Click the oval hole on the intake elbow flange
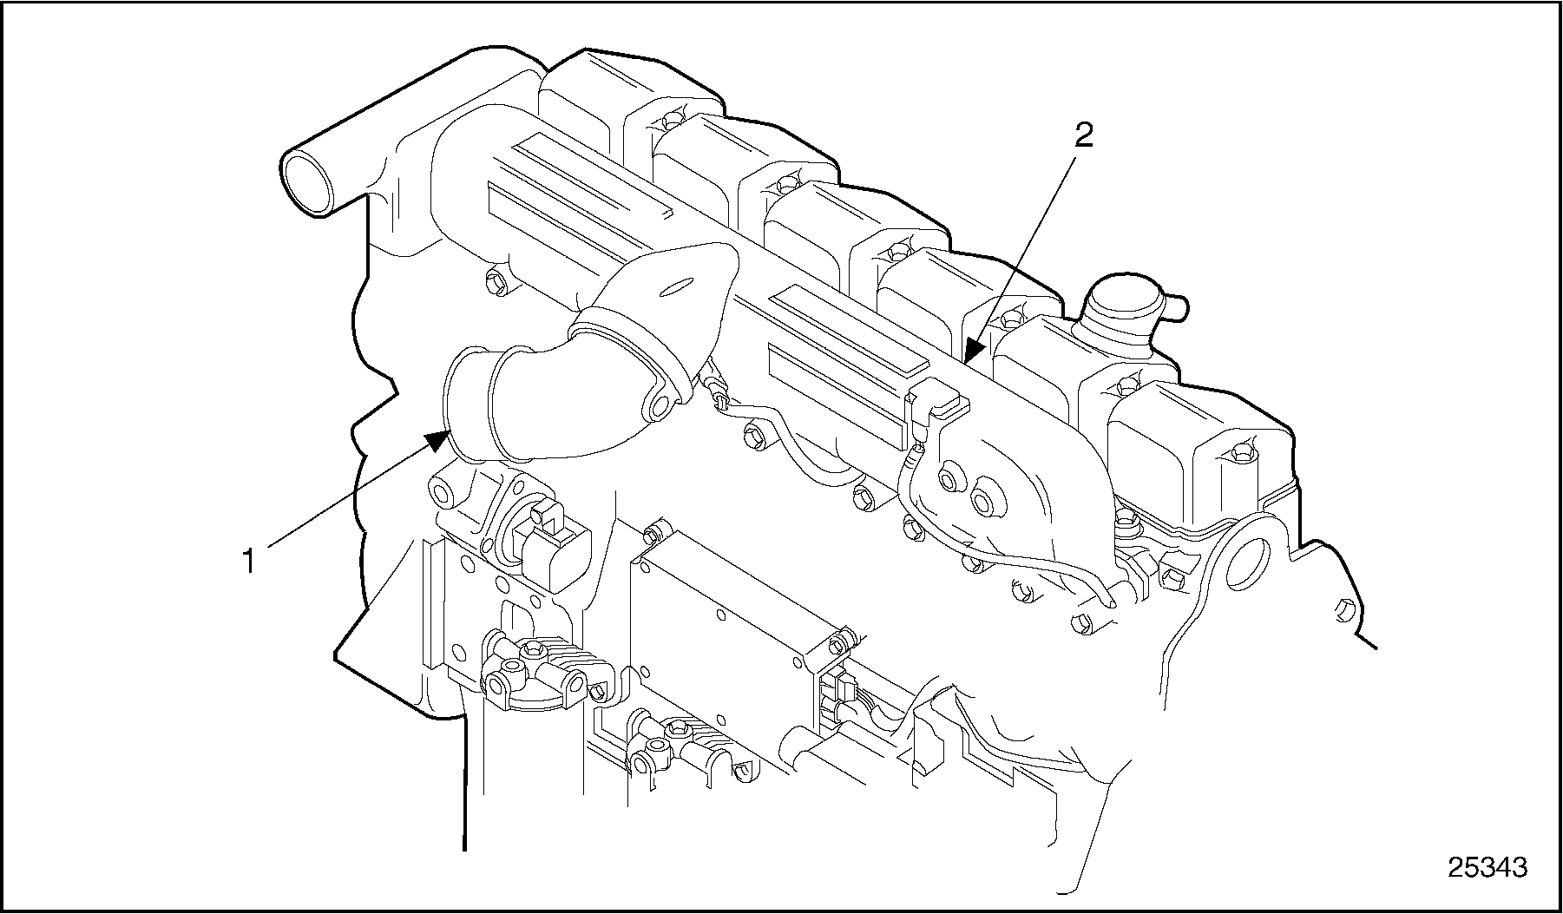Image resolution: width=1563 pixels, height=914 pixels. coord(679,286)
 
